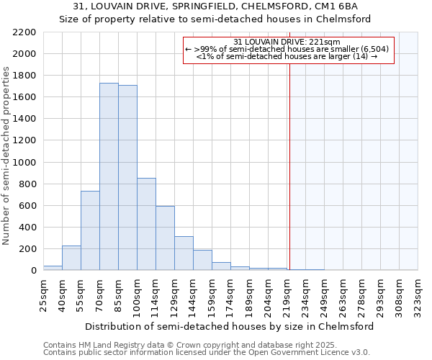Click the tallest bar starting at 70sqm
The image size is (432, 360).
pos(109,176)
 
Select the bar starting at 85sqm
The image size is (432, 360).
pos(127,178)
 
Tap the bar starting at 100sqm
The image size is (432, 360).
pos(146,224)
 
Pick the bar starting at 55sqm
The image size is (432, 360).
pos(90,230)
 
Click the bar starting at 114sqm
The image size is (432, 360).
pos(165,238)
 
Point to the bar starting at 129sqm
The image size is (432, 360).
pos(184,253)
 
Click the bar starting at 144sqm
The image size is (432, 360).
pos(202,260)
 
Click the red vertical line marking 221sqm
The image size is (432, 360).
pos(289,158)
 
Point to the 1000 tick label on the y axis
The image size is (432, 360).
pos(25,163)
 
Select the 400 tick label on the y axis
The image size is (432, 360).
pos(28,228)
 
